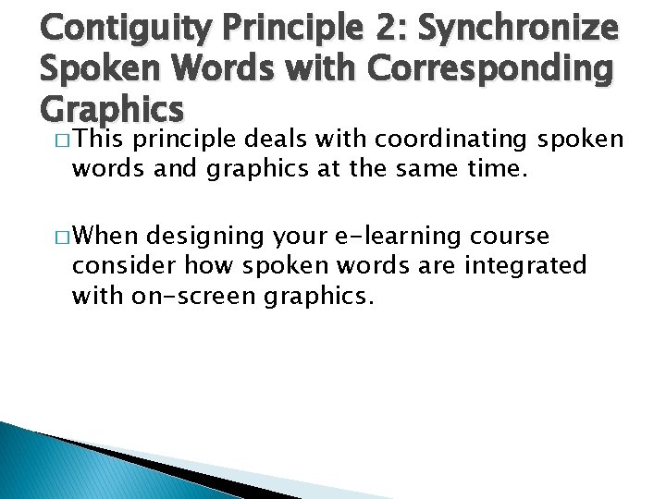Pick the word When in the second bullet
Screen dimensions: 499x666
pos(104,236)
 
